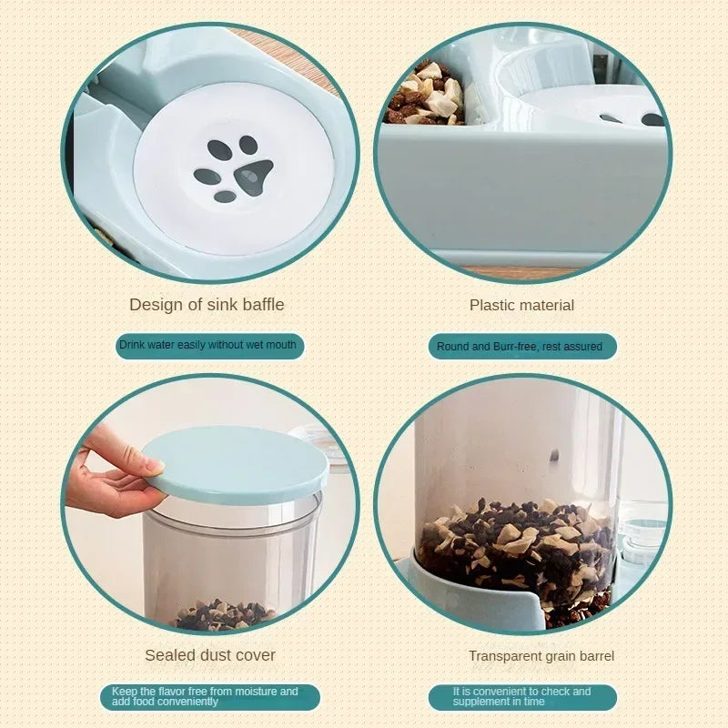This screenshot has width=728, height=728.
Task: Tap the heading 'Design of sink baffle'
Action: [207, 305]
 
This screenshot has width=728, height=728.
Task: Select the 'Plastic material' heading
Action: [521, 306]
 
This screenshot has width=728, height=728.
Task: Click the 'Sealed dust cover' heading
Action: [210, 655]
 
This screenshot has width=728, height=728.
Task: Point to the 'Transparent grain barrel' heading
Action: [541, 656]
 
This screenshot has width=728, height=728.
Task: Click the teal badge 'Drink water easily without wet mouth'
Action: [208, 345]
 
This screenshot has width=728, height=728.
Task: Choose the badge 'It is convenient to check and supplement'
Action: [521, 697]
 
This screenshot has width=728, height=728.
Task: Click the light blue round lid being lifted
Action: [238, 464]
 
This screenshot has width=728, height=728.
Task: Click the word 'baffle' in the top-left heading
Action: [261, 305]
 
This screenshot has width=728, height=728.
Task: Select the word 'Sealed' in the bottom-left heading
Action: [169, 655]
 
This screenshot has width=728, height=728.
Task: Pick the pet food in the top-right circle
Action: [426, 94]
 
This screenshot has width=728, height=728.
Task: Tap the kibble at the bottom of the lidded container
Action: [223, 616]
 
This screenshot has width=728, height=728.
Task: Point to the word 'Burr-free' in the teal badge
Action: [518, 346]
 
